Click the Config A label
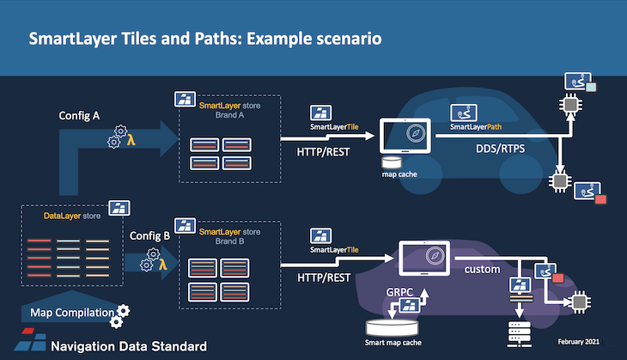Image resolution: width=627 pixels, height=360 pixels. click(79, 116)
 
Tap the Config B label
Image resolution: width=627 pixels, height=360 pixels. click(149, 236)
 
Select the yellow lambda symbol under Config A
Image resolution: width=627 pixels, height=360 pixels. click(131, 139)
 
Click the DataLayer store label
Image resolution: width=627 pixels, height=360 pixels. click(72, 216)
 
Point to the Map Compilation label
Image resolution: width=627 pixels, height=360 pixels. click(72, 313)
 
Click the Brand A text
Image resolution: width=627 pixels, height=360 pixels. click(229, 115)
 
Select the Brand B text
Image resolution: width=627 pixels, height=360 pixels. click(229, 241)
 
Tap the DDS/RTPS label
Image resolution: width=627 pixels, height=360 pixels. click(500, 149)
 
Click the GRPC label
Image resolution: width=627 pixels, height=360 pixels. click(399, 292)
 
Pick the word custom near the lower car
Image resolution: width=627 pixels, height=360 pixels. click(482, 269)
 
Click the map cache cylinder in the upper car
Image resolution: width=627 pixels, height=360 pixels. click(392, 162)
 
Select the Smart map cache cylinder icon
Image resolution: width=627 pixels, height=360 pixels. click(393, 327)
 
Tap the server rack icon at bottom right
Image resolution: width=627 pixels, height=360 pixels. click(519, 334)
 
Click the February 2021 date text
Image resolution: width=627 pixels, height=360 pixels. click(579, 342)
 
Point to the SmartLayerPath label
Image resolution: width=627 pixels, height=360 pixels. click(476, 127)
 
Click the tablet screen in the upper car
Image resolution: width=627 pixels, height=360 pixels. click(405, 136)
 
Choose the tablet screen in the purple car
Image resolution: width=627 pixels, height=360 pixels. click(424, 258)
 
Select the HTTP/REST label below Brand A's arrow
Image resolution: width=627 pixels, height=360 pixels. click(323, 152)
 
